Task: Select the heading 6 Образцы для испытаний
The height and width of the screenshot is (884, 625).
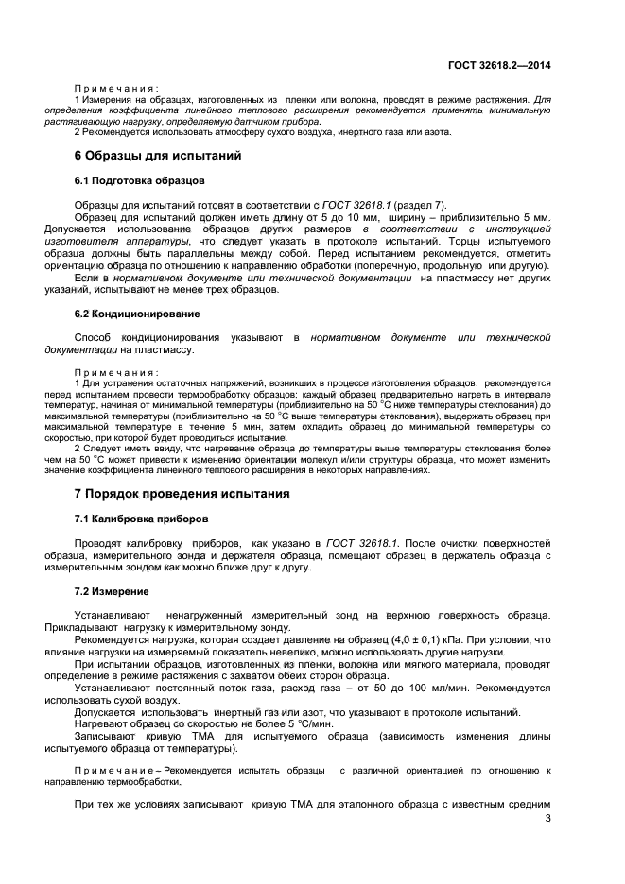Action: tap(158, 155)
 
